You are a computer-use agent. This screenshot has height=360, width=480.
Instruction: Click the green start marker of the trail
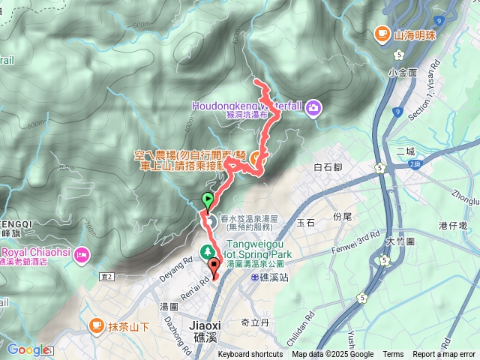208,199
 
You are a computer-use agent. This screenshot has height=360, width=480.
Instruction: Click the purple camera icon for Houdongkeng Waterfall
313,107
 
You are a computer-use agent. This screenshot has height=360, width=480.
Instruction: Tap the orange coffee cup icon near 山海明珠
382,34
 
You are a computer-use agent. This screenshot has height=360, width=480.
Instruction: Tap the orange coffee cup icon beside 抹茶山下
96,325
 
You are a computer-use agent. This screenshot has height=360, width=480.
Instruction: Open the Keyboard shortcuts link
250,355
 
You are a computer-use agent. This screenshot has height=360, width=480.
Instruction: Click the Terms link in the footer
393,355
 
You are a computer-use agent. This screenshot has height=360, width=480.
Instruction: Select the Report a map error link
444,355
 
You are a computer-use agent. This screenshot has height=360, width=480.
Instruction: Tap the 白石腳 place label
328,166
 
